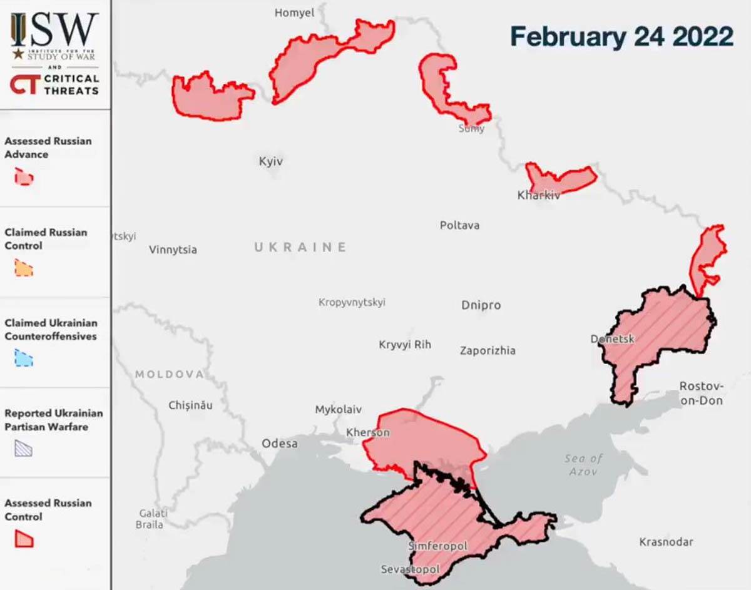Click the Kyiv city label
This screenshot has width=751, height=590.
tap(271, 161)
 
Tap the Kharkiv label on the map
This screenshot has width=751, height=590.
tap(538, 195)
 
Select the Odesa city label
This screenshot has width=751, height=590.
tap(280, 444)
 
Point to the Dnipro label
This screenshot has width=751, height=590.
tap(481, 305)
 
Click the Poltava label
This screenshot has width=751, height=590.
tap(459, 225)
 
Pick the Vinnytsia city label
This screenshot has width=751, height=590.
tap(173, 250)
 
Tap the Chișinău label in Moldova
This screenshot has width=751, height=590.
tap(190, 405)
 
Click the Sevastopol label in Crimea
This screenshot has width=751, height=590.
tap(410, 570)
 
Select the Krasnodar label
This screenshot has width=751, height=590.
tap(666, 542)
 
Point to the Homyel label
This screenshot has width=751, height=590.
tap(294, 13)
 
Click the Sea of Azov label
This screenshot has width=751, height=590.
tap(583, 464)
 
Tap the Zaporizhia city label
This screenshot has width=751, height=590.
tap(488, 350)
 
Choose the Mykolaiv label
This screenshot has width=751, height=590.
tap(338, 410)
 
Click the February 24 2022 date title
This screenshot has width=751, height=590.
tap(621, 36)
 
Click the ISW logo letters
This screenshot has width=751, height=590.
tap(55, 29)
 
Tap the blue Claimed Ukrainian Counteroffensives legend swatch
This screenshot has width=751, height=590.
tap(24, 359)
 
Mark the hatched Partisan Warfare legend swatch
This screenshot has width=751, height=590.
tap(24, 448)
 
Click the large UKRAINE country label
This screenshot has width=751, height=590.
tap(300, 247)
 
